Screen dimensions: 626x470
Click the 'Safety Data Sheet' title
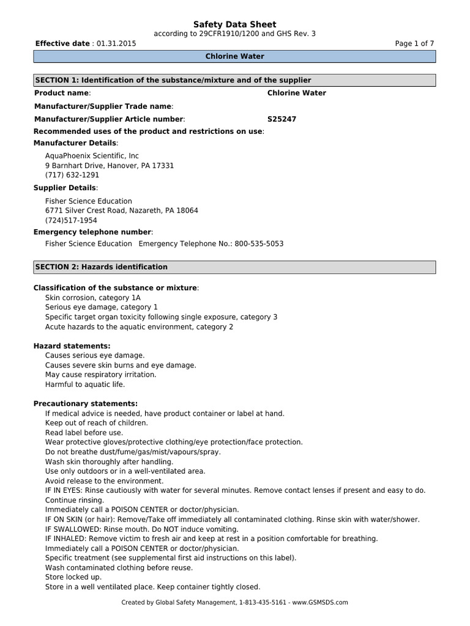tap(234, 24)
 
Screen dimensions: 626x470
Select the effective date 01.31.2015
tap(116, 44)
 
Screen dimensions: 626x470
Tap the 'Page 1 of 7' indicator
tap(415, 44)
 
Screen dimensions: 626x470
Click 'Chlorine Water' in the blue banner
tap(234, 57)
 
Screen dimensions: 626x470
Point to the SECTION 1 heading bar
tap(234, 81)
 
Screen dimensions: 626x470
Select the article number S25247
tap(282, 119)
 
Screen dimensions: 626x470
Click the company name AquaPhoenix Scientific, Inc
tap(92, 156)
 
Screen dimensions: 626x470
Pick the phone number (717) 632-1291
tap(72, 175)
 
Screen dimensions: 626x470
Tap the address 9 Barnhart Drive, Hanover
tap(110, 166)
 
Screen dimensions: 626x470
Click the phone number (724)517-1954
tap(71, 220)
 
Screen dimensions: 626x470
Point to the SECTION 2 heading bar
tap(234, 267)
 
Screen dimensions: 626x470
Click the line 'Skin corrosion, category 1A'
tap(92, 298)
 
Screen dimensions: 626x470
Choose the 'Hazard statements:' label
tap(72, 346)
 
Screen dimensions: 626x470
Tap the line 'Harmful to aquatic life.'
tap(84, 385)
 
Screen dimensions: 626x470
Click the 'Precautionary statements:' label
tap(85, 404)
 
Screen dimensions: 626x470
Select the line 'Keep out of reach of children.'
tap(96, 423)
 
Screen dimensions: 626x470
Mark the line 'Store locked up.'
tap(73, 577)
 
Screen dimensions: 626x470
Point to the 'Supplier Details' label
tap(65, 188)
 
